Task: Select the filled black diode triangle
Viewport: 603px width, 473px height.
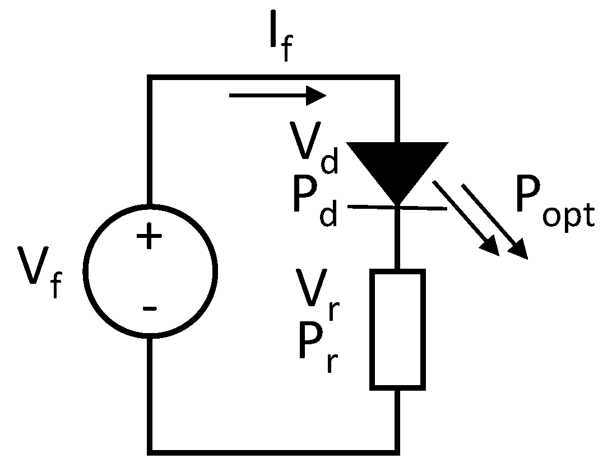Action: [x=397, y=168]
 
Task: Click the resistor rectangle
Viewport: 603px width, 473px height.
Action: [x=397, y=329]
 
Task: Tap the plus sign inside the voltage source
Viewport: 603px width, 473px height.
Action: [x=149, y=238]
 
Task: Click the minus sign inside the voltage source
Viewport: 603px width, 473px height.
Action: [x=149, y=308]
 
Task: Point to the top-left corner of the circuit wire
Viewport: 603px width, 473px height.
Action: [x=150, y=77]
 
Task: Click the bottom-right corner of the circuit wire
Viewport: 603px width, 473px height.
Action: [x=397, y=451]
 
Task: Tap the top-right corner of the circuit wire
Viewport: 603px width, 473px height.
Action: [x=397, y=77]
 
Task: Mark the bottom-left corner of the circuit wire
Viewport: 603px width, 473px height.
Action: [x=150, y=451]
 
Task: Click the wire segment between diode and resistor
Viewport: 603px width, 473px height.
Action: [x=397, y=238]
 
